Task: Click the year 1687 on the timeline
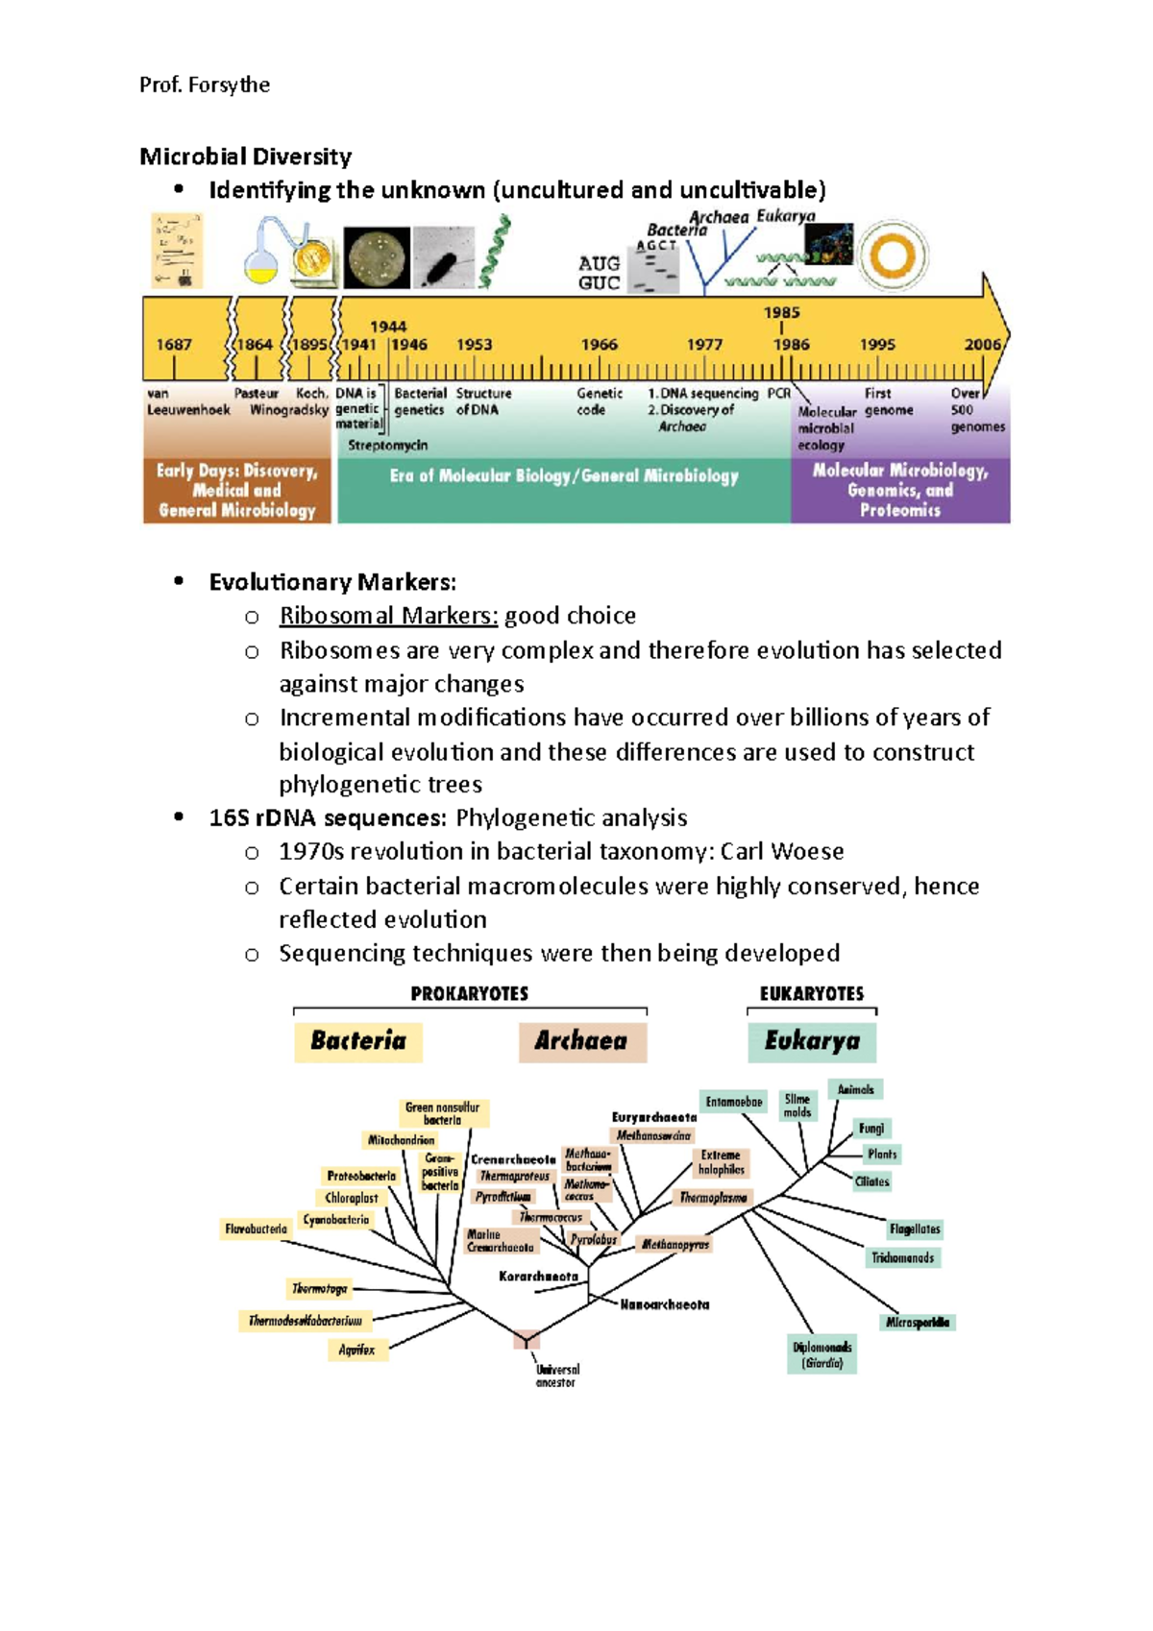174,345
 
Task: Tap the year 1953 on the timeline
474,345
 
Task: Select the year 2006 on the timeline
982,345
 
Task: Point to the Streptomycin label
387,446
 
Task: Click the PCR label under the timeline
778,393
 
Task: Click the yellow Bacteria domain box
358,1041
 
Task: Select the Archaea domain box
581,1041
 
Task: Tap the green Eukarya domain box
812,1041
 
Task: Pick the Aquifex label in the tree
356,1350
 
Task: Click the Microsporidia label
918,1323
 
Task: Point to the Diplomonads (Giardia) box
822,1354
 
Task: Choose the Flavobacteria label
256,1229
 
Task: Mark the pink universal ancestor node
527,1340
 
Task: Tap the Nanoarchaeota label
665,1304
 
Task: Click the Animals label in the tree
855,1089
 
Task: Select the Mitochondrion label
401,1140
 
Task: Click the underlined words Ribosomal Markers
388,616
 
